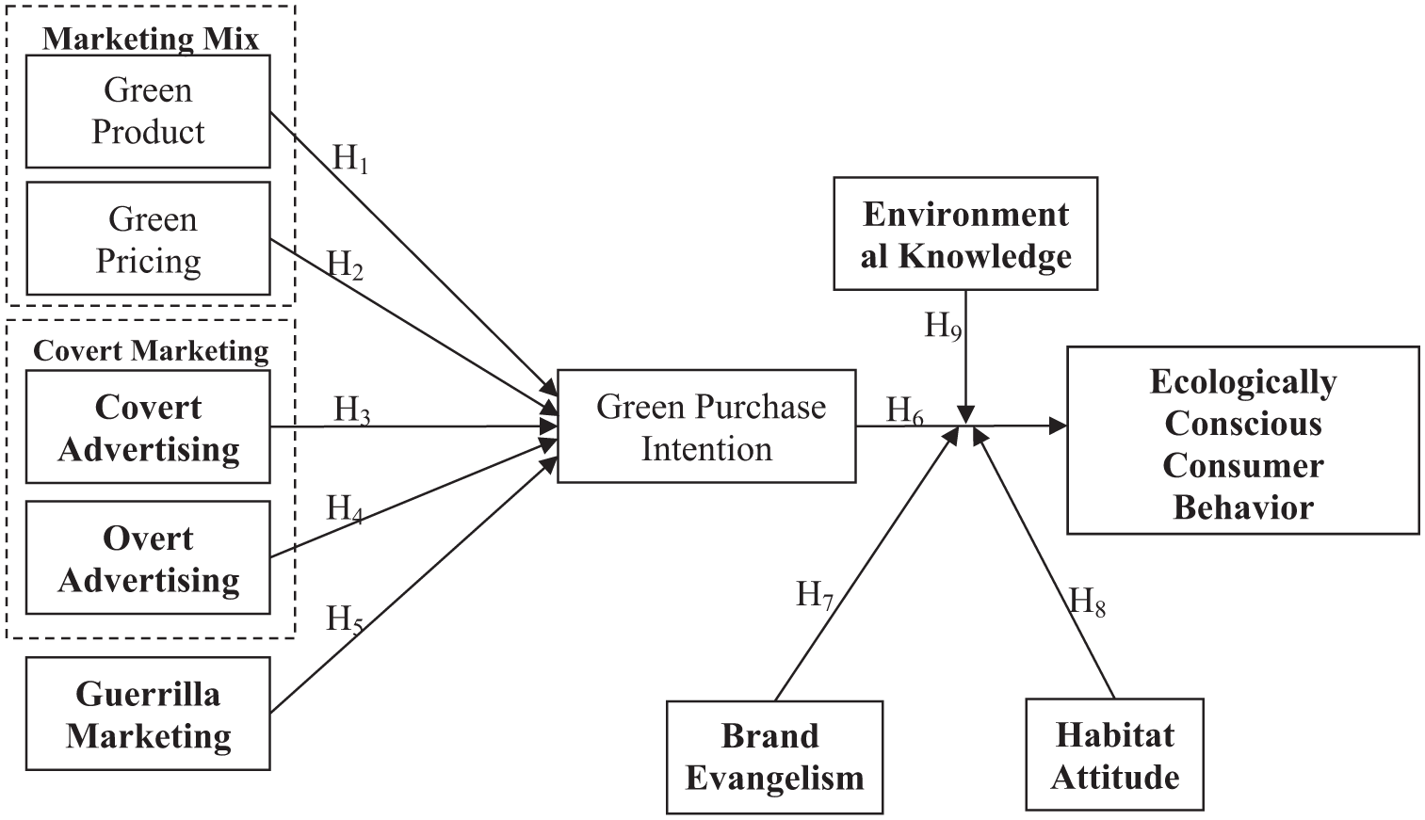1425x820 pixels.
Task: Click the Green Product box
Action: coord(148,111)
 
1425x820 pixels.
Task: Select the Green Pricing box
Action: coord(148,238)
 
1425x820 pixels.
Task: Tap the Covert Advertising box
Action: coord(148,427)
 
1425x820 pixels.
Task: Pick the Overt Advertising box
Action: coord(148,557)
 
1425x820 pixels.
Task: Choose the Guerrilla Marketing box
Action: coord(148,714)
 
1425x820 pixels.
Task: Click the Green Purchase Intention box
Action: coord(706,426)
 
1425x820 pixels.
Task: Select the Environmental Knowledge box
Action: coord(965,233)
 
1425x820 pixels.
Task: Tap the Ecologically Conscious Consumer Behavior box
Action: coord(1243,440)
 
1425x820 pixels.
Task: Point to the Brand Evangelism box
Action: coord(775,757)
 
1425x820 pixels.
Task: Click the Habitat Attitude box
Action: coord(1114,754)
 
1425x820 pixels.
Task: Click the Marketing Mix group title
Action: coord(151,39)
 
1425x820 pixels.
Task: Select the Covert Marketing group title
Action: coord(151,351)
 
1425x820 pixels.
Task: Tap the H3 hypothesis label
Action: coord(352,410)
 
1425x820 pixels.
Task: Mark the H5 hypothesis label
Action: coord(344,619)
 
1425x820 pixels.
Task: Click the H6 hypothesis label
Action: coord(904,410)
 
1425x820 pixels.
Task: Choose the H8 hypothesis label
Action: coord(1087,602)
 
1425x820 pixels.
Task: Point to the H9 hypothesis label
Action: coord(943,327)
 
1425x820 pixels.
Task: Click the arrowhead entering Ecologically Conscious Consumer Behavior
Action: coord(1058,426)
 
